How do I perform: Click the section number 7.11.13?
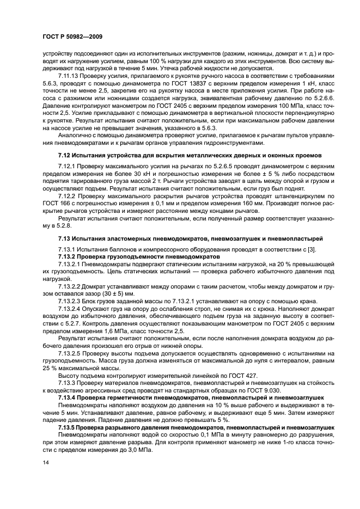tap(69, 77)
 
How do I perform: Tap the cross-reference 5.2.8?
tap(51, 223)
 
